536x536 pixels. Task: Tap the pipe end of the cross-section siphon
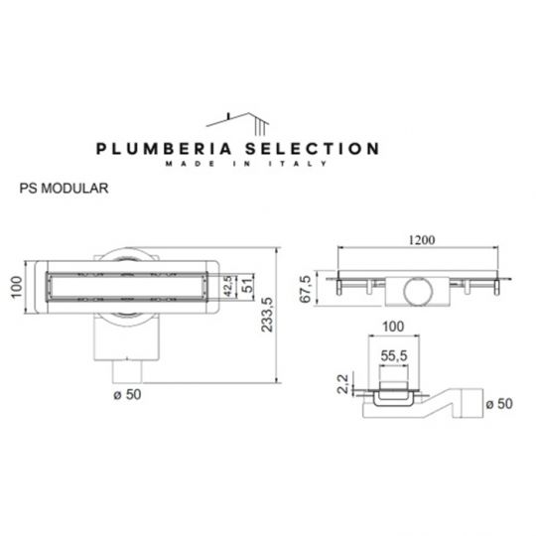(472, 403)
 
